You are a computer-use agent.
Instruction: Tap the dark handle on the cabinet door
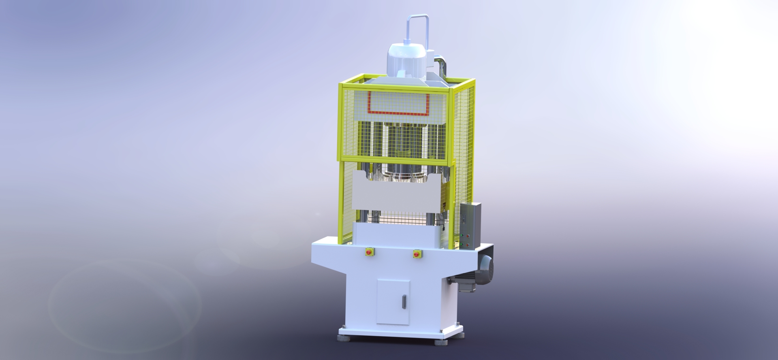tap(403, 301)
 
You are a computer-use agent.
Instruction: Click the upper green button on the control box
tap(462, 235)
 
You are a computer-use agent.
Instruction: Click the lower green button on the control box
tap(461, 244)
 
